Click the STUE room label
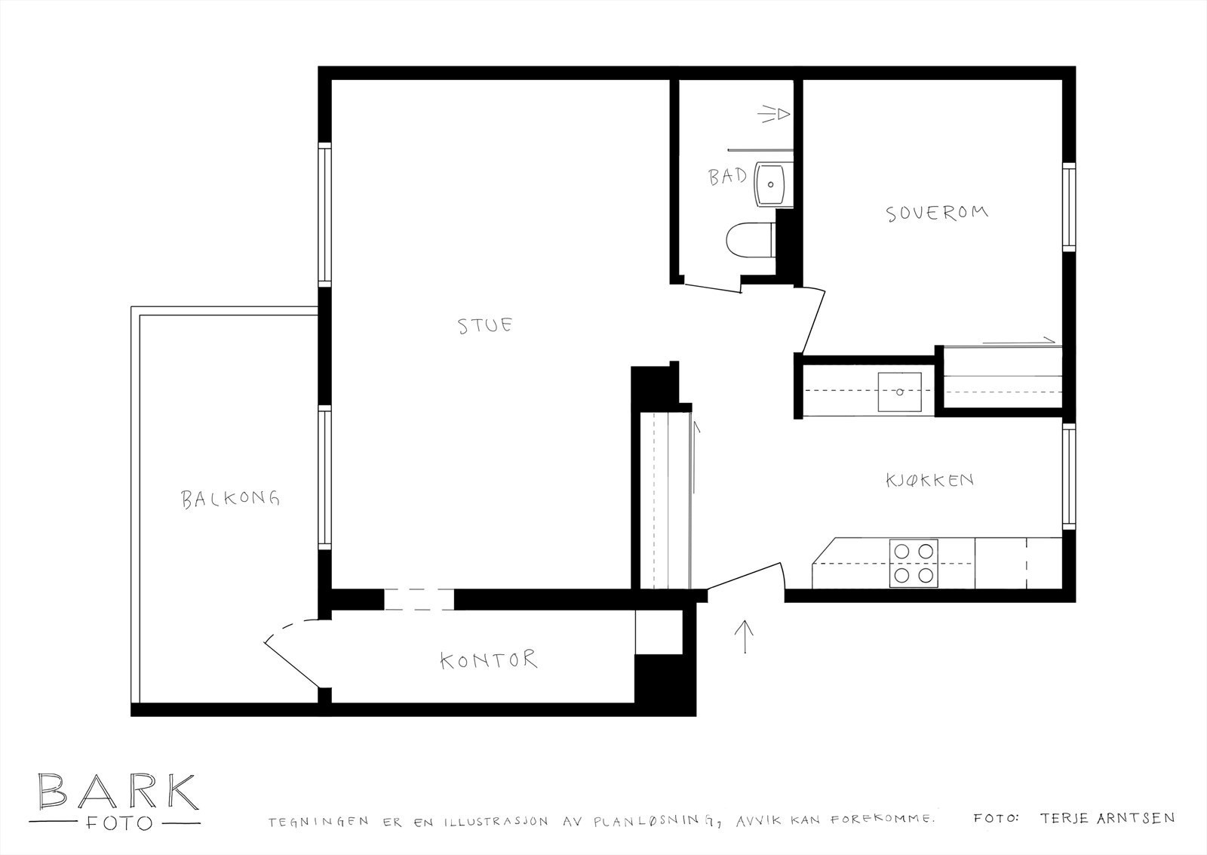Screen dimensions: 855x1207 (x=486, y=326)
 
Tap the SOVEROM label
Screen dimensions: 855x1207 (x=936, y=213)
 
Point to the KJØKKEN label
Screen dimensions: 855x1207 (x=929, y=480)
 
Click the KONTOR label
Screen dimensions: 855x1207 (x=489, y=660)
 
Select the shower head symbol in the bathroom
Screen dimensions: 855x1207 (x=775, y=115)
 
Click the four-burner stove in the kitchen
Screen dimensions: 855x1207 (x=914, y=563)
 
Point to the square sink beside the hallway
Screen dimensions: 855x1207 (x=900, y=392)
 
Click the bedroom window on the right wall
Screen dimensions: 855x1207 (x=1068, y=207)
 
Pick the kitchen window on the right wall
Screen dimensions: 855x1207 (x=1068, y=477)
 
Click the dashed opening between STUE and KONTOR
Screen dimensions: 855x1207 (x=419, y=599)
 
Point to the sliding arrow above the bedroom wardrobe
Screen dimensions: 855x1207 (x=1018, y=341)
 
